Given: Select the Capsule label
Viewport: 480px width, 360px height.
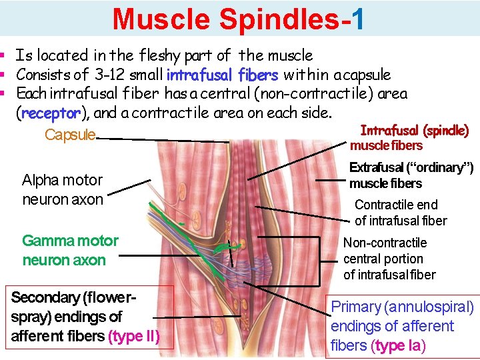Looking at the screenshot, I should [70, 135].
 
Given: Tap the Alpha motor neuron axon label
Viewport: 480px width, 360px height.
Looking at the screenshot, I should [62, 189].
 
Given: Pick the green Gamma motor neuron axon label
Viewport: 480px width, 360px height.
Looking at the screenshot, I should [70, 250].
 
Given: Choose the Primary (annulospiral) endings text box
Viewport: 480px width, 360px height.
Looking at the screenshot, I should [402, 326].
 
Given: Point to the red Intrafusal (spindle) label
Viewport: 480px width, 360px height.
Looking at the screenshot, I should [414, 131].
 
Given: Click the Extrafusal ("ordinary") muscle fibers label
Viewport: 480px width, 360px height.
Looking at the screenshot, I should [411, 175].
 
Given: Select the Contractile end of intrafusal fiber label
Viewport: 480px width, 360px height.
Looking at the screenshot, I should [400, 213].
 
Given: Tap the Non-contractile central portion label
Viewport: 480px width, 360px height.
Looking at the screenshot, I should [389, 259].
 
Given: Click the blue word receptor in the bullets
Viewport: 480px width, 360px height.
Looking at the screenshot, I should [50, 113].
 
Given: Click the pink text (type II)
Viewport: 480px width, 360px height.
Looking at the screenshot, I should [133, 337].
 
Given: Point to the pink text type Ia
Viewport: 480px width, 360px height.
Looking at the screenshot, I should [399, 345].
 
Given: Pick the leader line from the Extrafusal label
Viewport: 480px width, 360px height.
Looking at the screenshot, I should [329, 180].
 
